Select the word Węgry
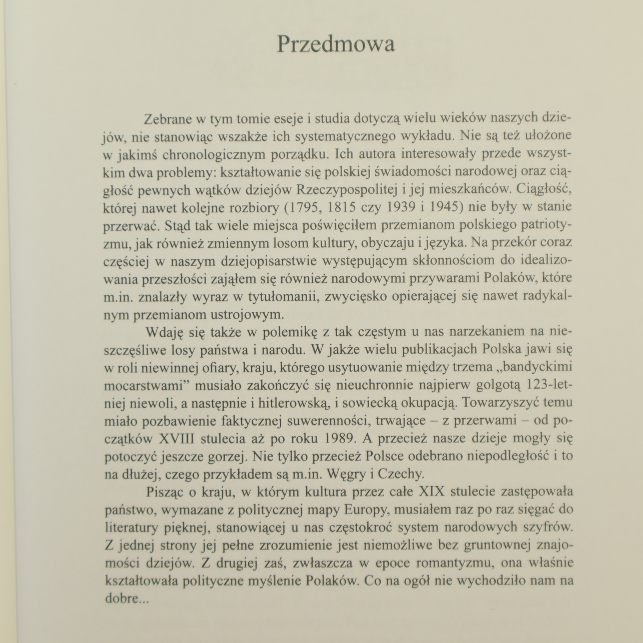click(345, 474)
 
